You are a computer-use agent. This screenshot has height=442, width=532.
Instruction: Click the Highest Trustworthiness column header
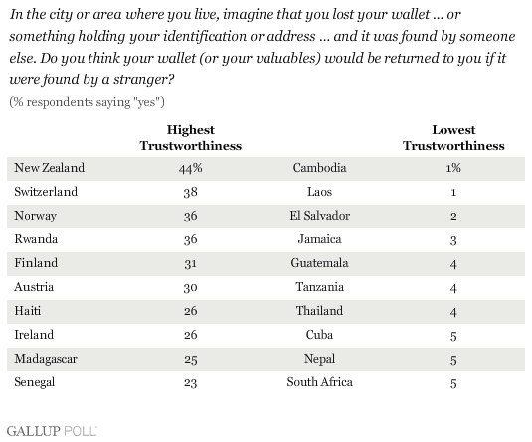pyautogui.click(x=191, y=138)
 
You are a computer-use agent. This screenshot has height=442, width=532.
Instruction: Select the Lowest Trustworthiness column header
pyautogui.click(x=453, y=138)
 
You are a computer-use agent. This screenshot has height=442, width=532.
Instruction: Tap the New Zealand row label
pyautogui.click(x=49, y=168)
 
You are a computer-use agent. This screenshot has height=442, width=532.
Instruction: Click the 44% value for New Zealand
pyautogui.click(x=190, y=168)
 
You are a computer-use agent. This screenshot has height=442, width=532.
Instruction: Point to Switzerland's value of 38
pyautogui.click(x=190, y=192)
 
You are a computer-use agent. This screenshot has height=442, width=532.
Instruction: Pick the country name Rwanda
pyautogui.click(x=36, y=239)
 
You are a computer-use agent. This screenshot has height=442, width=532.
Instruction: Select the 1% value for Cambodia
pyautogui.click(x=453, y=168)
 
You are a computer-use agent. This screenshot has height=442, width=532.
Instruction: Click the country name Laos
pyautogui.click(x=319, y=192)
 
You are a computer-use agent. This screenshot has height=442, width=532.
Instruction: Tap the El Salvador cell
pyautogui.click(x=319, y=216)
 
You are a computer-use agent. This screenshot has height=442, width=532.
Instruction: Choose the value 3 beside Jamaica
pyautogui.click(x=453, y=240)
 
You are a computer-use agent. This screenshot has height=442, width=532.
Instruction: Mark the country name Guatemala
pyautogui.click(x=319, y=263)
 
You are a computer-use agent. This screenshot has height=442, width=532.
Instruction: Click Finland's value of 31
pyautogui.click(x=190, y=263)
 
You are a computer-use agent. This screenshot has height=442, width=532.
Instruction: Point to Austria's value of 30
pyautogui.click(x=190, y=287)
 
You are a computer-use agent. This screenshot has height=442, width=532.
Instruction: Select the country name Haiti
pyautogui.click(x=28, y=311)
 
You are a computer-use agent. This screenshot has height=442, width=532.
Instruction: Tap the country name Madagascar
pyautogui.click(x=46, y=359)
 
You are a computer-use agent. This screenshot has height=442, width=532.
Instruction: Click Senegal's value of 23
pyautogui.click(x=190, y=382)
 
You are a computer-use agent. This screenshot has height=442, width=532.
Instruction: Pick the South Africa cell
pyautogui.click(x=319, y=382)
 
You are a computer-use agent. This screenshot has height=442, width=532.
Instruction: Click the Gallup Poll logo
pyautogui.click(x=52, y=431)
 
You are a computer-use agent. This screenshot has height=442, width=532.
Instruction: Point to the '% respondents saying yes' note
pyautogui.click(x=87, y=102)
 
